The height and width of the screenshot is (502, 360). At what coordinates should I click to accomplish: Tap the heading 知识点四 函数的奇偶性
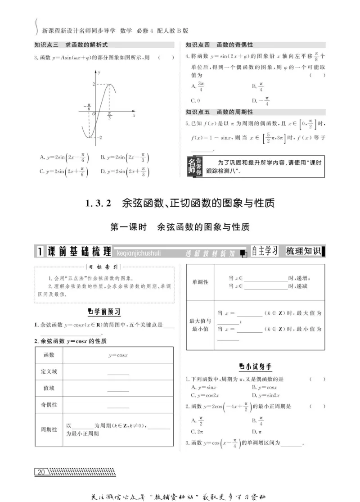tap(220, 45)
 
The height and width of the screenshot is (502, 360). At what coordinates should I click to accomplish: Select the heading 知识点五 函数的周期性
tap(220, 112)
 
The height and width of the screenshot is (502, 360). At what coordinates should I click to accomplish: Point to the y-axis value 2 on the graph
tap(94, 85)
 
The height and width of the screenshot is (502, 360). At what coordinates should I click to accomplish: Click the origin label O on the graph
tap(94, 114)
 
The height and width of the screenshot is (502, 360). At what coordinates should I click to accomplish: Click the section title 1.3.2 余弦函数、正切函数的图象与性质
tap(180, 204)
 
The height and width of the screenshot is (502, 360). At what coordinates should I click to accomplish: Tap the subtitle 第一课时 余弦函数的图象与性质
tap(180, 227)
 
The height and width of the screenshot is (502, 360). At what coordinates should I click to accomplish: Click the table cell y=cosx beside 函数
tap(118, 355)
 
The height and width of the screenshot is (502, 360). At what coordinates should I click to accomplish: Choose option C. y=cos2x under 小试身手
tap(205, 395)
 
